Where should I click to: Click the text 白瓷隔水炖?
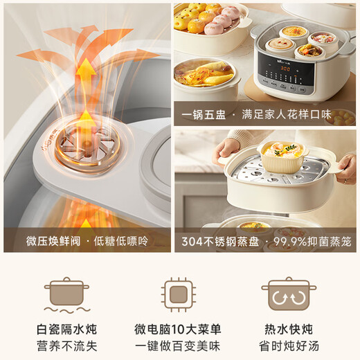point(66,329)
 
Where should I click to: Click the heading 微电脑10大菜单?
point(180,329)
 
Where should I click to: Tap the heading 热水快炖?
point(288,329)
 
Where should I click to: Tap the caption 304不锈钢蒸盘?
point(221,242)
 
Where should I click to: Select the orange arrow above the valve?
point(84,76)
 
